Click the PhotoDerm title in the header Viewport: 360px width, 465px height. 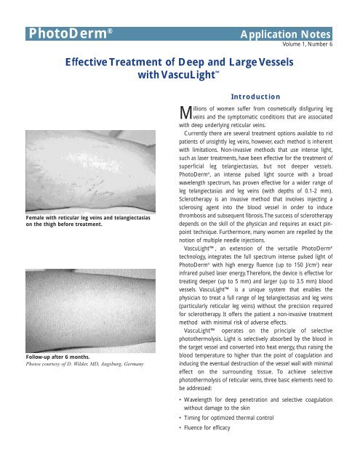[69, 34]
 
